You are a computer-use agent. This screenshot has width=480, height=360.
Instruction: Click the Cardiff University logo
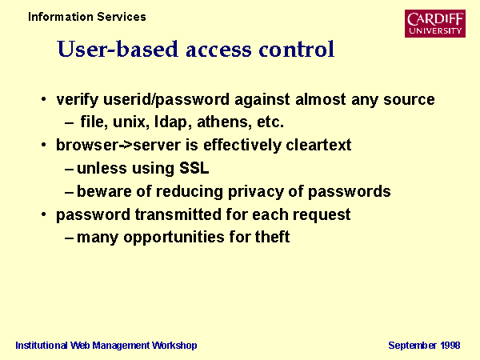click(x=435, y=23)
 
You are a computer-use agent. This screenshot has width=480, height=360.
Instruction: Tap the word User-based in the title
click(x=118, y=50)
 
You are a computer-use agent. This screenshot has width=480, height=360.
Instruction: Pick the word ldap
click(x=170, y=122)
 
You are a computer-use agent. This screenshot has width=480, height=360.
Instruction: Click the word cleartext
click(x=318, y=145)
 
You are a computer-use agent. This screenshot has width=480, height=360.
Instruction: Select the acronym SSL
click(x=194, y=168)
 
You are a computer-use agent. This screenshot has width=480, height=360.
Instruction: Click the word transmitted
click(x=178, y=214)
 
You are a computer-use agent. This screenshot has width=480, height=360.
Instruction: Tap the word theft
click(x=272, y=237)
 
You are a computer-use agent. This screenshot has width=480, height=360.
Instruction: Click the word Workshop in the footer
click(x=174, y=346)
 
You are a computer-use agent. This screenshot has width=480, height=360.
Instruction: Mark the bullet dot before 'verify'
click(x=44, y=99)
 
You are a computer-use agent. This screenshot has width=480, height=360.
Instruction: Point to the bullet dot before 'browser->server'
click(x=44, y=145)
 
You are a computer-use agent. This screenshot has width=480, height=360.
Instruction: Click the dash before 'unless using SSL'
click(x=69, y=169)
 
